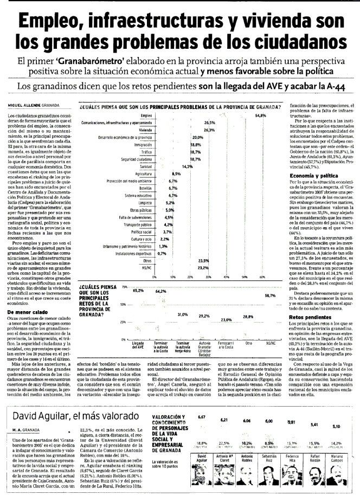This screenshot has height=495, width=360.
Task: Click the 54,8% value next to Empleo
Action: pos(261,115)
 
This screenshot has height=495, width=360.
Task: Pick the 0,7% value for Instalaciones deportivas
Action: pos(162,253)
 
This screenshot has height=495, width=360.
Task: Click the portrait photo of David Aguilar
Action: pos(202,472)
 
